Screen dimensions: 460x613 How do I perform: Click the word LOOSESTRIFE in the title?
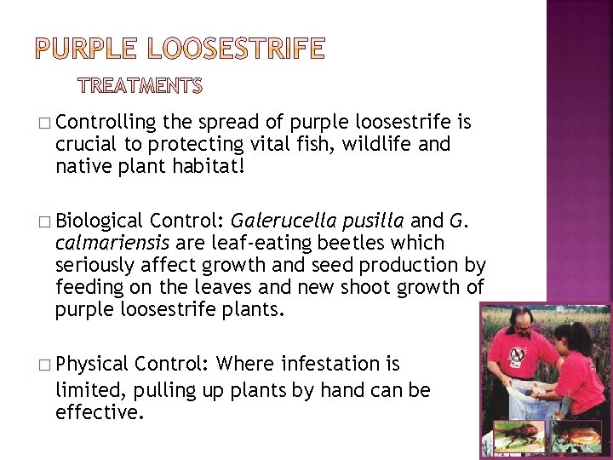[x=237, y=49]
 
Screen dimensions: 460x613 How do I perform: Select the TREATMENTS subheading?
[x=140, y=86]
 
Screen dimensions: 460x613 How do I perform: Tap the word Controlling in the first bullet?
[x=106, y=122]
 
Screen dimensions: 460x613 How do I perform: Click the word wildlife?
[x=375, y=145]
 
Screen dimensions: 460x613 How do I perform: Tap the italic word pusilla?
[x=372, y=221]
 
